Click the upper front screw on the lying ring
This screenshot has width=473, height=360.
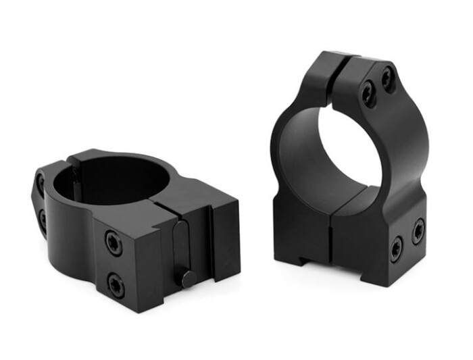tap(114, 242)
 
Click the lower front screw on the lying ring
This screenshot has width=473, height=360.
tap(116, 286)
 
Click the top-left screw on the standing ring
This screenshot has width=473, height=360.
tap(368, 94)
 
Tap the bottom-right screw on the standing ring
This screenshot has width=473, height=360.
tap(418, 231)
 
